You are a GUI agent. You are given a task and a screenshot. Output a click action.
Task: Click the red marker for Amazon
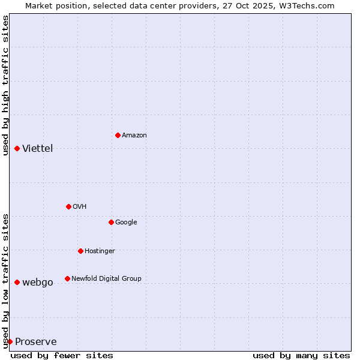point(118,135)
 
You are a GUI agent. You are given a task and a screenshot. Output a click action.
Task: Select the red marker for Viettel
point(17,148)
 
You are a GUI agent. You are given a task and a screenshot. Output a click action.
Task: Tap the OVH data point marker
point(68,206)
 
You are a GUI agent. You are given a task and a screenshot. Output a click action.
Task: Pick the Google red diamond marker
point(111,222)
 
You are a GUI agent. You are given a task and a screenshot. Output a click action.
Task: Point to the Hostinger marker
point(80,251)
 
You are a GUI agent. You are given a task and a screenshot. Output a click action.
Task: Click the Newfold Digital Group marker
point(67,278)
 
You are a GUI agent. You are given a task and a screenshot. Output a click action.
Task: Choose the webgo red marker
point(17,282)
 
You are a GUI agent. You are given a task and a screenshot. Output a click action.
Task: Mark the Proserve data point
point(10,341)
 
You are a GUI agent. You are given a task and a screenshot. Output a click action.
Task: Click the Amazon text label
point(134,135)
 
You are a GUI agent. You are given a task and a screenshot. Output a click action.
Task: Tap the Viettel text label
point(37,148)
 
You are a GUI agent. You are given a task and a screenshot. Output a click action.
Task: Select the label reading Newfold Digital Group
point(106,278)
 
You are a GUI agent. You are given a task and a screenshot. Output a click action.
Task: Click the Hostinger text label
point(100,251)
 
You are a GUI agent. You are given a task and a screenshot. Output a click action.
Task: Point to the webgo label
point(37,282)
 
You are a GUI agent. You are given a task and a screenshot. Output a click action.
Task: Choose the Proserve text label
point(35,341)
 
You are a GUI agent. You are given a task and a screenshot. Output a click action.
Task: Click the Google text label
point(126,222)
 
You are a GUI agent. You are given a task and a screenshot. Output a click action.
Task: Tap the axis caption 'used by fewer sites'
point(62,355)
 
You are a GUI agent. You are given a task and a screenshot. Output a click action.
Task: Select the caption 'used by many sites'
point(301,355)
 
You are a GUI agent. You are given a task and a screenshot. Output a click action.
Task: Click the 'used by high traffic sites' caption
point(5,85)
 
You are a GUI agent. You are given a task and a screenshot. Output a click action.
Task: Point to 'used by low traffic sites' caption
point(5,280)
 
